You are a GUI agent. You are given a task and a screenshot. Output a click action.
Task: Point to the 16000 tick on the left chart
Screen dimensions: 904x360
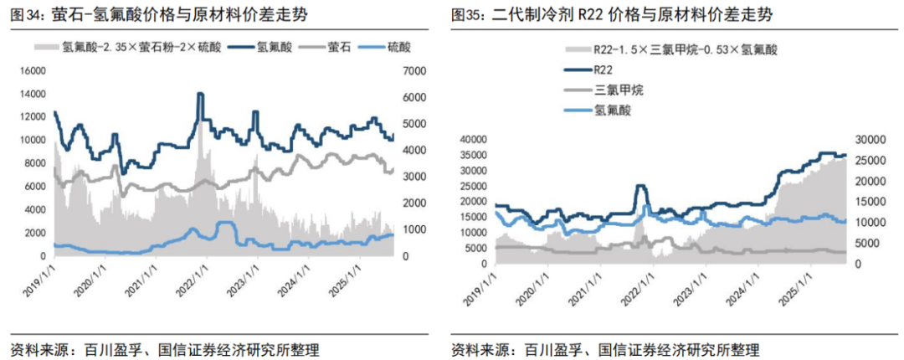click(x=33, y=71)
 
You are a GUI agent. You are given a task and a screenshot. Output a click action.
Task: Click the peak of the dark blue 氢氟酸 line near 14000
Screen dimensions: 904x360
click(x=200, y=94)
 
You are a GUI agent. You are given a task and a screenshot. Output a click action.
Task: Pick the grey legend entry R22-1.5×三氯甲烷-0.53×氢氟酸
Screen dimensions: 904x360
click(x=671, y=49)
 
